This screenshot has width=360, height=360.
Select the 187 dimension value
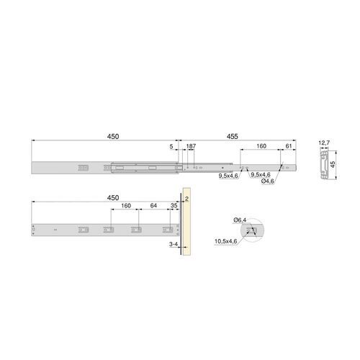191,146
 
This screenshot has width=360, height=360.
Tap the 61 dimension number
288,146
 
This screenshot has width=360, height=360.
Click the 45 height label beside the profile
333,163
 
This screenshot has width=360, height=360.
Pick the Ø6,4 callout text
239,219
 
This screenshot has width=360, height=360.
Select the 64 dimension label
153,206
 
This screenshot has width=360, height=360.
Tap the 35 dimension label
174,206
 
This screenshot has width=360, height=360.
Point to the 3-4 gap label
174,246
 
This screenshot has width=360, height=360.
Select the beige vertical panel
186,229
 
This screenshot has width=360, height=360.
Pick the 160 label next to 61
261,146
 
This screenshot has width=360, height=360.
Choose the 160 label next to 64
126,206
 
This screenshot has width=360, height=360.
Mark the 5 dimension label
171,146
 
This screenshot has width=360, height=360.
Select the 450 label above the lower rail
113,196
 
